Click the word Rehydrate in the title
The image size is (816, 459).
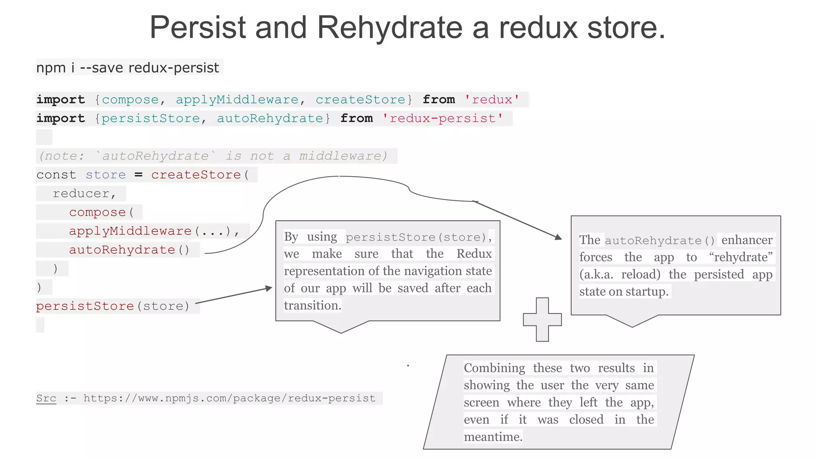(x=390, y=27)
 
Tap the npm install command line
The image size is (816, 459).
(x=127, y=68)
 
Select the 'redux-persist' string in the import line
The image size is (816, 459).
(x=442, y=118)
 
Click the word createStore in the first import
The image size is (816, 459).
(x=360, y=100)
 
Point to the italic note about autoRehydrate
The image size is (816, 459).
(x=213, y=156)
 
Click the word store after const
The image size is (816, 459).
(x=106, y=175)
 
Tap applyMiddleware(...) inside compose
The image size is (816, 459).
(x=153, y=231)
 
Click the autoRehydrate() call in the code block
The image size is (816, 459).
(x=129, y=250)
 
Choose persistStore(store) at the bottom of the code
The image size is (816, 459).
(x=113, y=306)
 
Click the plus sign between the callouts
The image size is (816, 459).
(x=542, y=320)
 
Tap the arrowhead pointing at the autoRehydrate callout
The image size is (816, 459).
(x=559, y=237)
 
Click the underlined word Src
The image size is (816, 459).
(x=46, y=398)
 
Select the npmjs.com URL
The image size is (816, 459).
(x=229, y=398)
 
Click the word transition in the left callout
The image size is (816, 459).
(x=312, y=306)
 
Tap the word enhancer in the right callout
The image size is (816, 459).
(x=747, y=240)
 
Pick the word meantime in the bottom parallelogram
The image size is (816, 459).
(x=493, y=437)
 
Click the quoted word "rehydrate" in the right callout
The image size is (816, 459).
(x=741, y=257)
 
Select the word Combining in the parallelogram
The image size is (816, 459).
(x=494, y=368)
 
